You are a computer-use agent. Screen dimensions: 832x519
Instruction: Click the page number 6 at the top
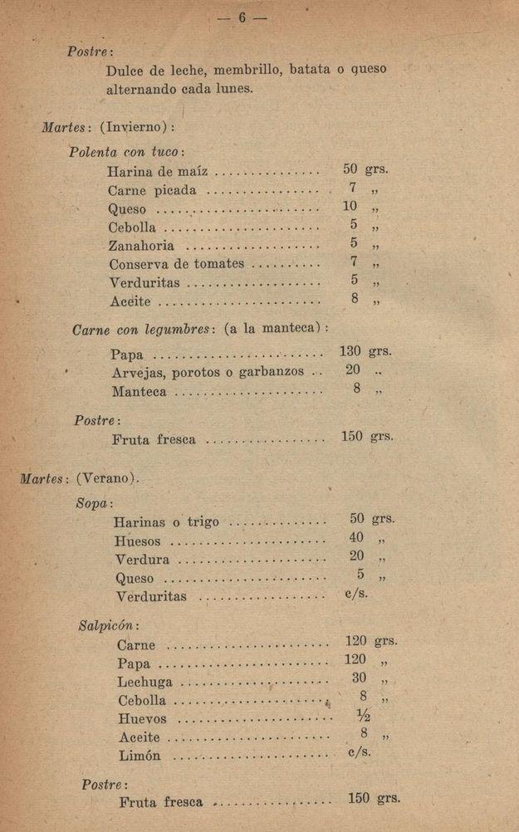click(x=243, y=18)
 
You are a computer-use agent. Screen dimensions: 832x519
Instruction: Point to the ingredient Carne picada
click(x=152, y=190)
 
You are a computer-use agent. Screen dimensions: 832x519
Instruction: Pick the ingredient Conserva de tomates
click(x=177, y=263)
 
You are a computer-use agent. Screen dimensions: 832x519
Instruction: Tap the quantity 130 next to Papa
click(x=349, y=351)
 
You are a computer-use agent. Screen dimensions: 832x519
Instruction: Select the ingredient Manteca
click(x=139, y=390)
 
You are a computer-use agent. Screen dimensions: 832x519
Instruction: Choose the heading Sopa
click(x=94, y=503)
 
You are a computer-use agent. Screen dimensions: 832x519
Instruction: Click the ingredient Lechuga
click(x=145, y=682)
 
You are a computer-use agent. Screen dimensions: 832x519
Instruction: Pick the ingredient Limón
click(x=140, y=756)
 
